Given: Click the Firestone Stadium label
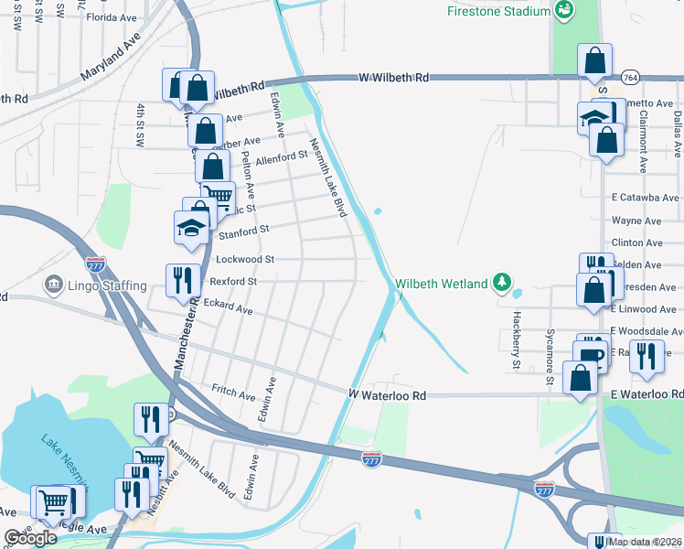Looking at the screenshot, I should (x=498, y=11).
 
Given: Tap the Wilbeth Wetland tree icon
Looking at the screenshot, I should (x=501, y=283).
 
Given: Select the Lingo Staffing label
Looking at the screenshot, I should (x=107, y=285).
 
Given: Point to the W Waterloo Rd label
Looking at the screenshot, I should (x=388, y=395).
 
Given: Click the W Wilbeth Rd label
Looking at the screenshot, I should (x=395, y=78).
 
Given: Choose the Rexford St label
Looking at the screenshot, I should (x=233, y=281).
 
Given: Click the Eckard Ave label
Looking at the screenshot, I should (x=228, y=306).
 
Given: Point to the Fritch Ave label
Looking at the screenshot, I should (x=232, y=392).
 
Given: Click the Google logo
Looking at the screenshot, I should (x=30, y=538).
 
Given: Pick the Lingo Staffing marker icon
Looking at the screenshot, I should (x=53, y=285).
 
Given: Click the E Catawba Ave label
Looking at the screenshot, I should (x=646, y=197).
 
